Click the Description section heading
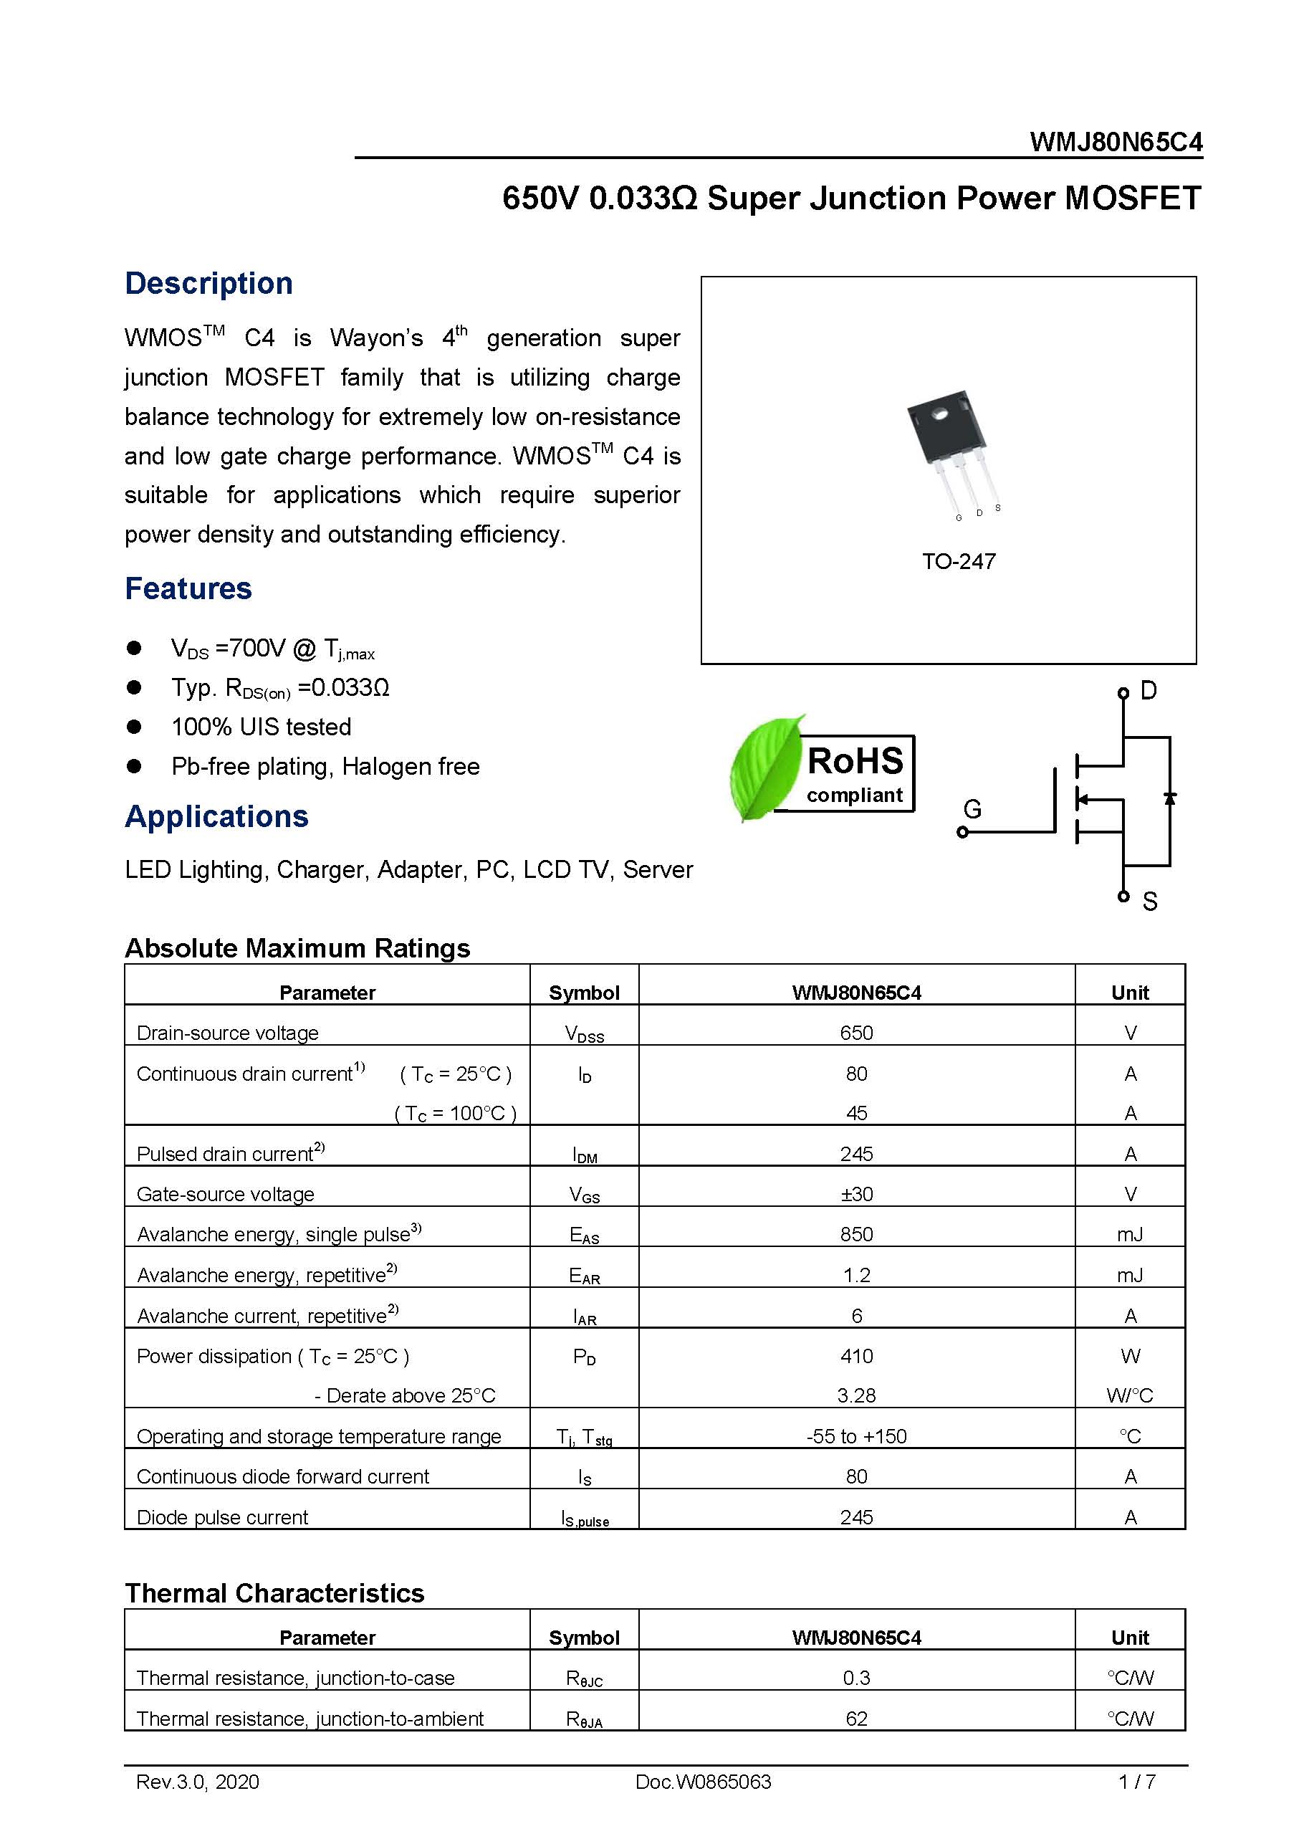click(208, 284)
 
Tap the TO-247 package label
click(959, 561)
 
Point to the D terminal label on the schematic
click(1148, 691)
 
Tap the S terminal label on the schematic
click(1149, 902)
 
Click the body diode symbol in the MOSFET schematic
click(1169, 798)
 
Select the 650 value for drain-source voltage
click(856, 1033)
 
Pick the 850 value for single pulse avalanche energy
click(856, 1234)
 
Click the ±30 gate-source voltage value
click(856, 1194)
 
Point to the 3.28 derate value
click(856, 1395)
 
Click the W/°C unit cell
click(1129, 1395)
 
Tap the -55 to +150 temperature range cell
click(856, 1436)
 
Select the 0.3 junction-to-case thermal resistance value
click(856, 1678)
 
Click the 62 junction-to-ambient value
click(856, 1718)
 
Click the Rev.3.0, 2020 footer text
click(198, 1782)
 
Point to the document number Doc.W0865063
click(703, 1782)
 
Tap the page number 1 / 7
click(1136, 1782)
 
